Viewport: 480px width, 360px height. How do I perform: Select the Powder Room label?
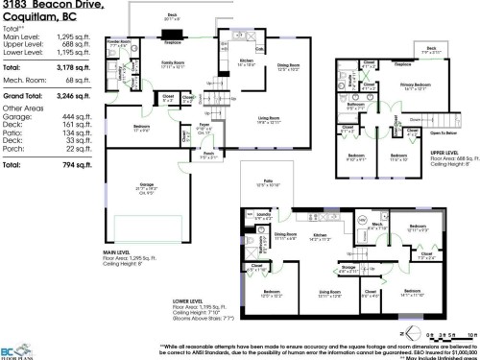tap(120, 43)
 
